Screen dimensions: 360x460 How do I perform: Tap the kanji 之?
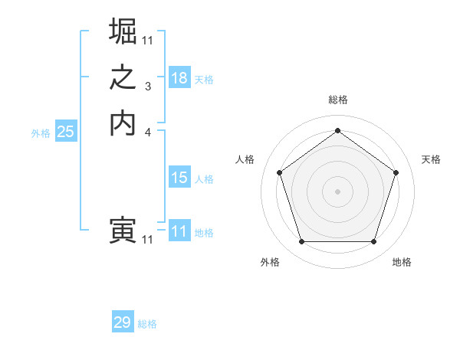(123, 78)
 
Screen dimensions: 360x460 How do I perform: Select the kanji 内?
(123, 123)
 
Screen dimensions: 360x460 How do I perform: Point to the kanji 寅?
(123, 231)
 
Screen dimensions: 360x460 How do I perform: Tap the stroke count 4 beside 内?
(148, 133)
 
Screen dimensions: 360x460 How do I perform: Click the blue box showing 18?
(179, 78)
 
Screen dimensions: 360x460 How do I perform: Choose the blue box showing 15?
(179, 178)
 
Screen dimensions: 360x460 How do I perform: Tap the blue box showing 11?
(179, 231)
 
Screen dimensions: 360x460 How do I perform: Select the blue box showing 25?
(66, 132)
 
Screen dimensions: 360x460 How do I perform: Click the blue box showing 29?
(123, 322)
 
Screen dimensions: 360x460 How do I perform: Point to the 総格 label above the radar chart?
(338, 100)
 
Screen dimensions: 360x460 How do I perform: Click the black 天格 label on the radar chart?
(431, 159)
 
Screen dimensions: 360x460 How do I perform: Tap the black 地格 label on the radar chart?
(402, 263)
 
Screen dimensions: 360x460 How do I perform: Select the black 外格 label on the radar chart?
(270, 263)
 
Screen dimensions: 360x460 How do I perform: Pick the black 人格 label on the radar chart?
(245, 159)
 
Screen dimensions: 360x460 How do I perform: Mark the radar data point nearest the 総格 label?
(337, 131)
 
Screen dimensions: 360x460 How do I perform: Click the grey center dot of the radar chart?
(337, 191)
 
